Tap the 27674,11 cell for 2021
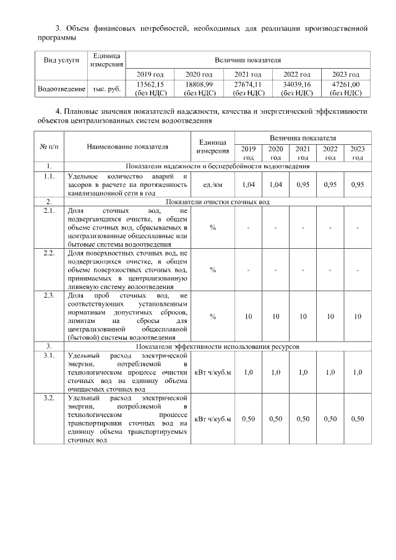click(x=247, y=84)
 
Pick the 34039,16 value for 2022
click(x=296, y=84)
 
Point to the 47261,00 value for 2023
click(x=346, y=84)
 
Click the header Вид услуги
click(x=61, y=61)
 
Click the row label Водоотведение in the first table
click(x=61, y=89)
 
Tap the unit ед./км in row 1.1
click(x=212, y=184)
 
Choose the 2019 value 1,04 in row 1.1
click(x=248, y=184)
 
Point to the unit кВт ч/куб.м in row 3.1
click(x=212, y=373)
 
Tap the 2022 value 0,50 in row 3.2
click(x=330, y=419)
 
